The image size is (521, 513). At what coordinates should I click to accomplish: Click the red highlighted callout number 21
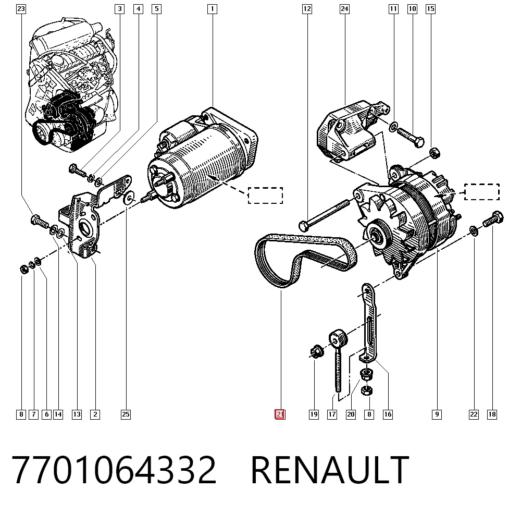pos(280,414)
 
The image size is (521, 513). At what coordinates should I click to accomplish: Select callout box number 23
pos(21,9)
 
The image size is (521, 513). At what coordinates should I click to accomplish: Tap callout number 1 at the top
pos(213,9)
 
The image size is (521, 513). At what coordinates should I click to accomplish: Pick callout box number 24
pos(344,9)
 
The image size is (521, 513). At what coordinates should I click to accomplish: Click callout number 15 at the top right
pos(431,9)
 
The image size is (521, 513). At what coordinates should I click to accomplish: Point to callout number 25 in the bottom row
pos(126,414)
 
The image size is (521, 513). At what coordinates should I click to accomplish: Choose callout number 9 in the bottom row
pos(437,414)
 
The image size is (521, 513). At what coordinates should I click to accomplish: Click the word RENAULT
pos(330,469)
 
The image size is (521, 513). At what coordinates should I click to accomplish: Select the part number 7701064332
pos(114,469)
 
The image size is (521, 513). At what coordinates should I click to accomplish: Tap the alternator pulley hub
pos(377,237)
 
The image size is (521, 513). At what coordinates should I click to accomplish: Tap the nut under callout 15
pos(435,153)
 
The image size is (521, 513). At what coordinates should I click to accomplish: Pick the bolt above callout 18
pos(493,218)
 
